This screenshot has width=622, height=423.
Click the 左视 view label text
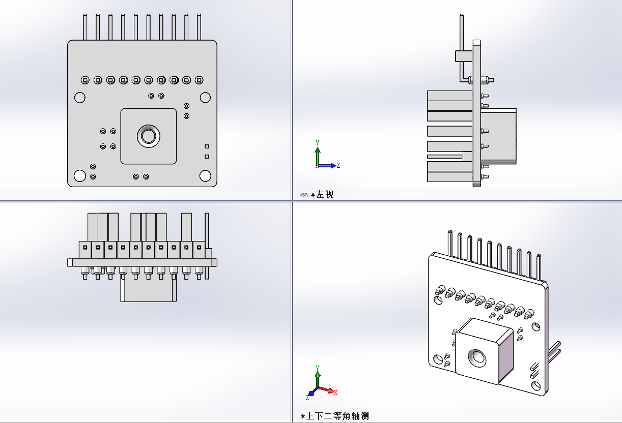325,194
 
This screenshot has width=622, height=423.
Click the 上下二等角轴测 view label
336,416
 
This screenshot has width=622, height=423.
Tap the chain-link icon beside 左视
304,195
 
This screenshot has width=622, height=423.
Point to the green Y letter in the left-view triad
317,143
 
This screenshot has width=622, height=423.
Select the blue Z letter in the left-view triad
338,165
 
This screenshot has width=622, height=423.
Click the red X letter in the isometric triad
336,392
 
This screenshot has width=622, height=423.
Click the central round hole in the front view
149,136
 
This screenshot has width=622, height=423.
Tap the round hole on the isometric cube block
477,357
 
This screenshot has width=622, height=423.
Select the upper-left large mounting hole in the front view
80,97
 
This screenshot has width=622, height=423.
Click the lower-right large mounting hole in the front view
205,175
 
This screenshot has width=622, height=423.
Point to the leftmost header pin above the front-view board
86,27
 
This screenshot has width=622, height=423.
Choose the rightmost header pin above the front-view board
199,27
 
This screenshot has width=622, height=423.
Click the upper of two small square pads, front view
207,146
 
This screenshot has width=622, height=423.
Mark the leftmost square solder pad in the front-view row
86,80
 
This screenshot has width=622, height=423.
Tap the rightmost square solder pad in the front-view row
199,80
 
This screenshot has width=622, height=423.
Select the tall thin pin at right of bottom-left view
207,244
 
